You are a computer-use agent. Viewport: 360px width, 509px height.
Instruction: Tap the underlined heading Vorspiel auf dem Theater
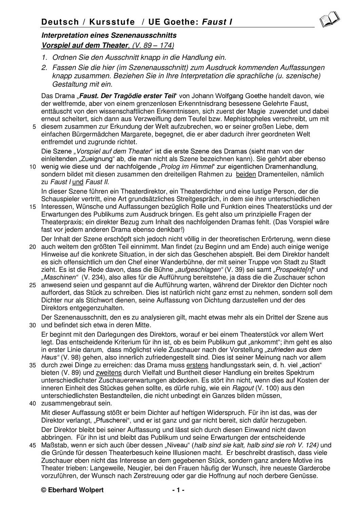click(x=85, y=45)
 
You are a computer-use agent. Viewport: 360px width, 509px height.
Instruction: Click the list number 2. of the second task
click(x=44, y=68)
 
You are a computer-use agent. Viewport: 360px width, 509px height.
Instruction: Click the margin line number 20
click(x=33, y=247)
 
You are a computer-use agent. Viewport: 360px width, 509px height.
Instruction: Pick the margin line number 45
click(x=33, y=446)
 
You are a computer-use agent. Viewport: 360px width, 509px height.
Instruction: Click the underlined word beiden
click(x=246, y=174)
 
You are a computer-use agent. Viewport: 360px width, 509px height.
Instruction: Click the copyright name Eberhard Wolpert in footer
click(x=77, y=490)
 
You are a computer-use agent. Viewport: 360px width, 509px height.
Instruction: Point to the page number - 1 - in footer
click(x=178, y=490)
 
